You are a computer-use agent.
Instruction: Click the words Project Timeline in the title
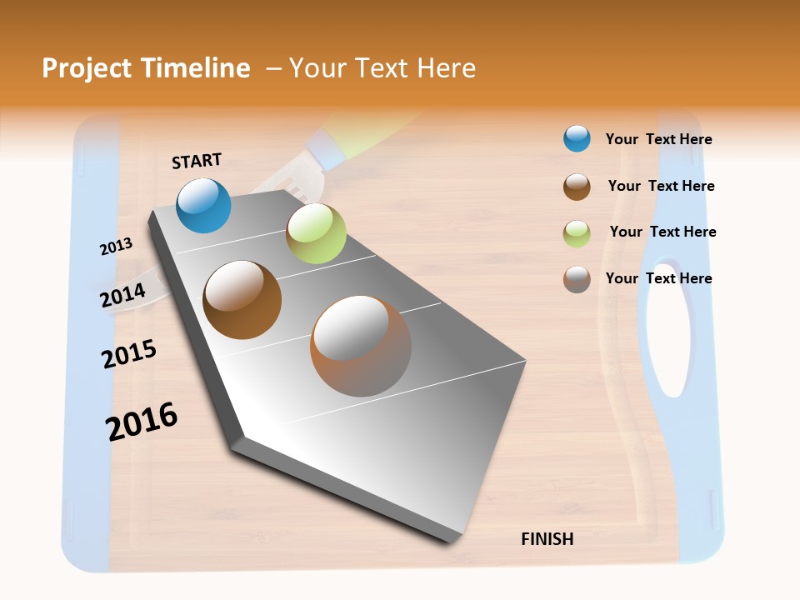(x=146, y=68)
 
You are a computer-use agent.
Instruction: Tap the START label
(x=197, y=161)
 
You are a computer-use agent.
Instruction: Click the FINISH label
(x=547, y=539)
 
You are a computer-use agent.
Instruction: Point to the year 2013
(x=116, y=247)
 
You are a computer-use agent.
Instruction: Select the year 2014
(x=122, y=295)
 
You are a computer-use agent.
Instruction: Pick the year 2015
(x=129, y=354)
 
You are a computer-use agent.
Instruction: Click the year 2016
(x=142, y=422)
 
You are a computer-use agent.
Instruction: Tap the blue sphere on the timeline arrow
(x=204, y=205)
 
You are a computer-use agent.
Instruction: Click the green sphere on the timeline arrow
(x=316, y=233)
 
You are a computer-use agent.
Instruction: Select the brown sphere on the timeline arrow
(x=242, y=300)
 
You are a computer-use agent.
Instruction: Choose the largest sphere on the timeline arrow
(x=361, y=346)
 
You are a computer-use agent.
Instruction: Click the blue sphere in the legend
(x=577, y=138)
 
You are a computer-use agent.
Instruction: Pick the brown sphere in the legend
(x=577, y=187)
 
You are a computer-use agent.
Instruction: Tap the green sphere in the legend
(x=577, y=233)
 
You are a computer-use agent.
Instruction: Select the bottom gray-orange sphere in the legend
(x=577, y=279)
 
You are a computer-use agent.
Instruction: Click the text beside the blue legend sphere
(x=658, y=139)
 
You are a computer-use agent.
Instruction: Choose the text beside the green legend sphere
(x=662, y=232)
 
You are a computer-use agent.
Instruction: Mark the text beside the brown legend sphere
(x=661, y=186)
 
